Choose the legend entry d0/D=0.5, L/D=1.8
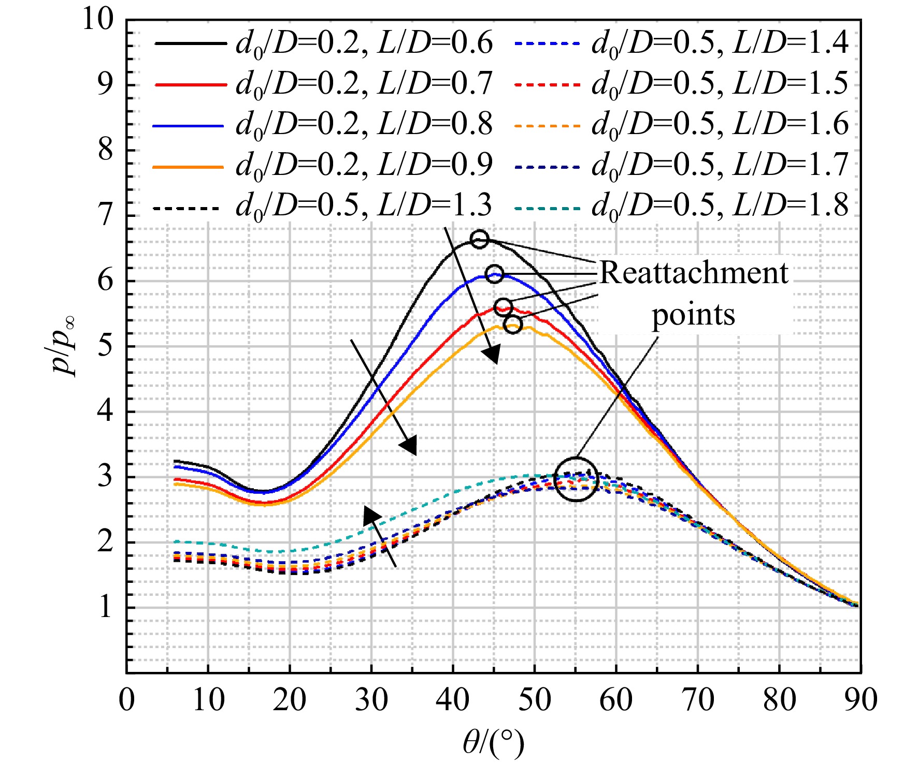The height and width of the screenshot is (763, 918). point(681,207)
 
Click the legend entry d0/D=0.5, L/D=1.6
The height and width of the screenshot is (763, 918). point(681,125)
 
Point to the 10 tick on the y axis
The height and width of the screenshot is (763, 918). point(98,20)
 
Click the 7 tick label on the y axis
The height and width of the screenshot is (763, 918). point(106,216)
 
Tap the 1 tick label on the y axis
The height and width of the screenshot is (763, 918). point(106,607)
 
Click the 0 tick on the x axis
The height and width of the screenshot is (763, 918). point(127,700)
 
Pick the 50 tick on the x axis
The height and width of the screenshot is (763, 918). point(535,700)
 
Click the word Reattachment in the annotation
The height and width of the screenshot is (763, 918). point(694,273)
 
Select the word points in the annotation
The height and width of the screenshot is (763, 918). point(693,315)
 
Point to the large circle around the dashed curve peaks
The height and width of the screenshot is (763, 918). point(576,458)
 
